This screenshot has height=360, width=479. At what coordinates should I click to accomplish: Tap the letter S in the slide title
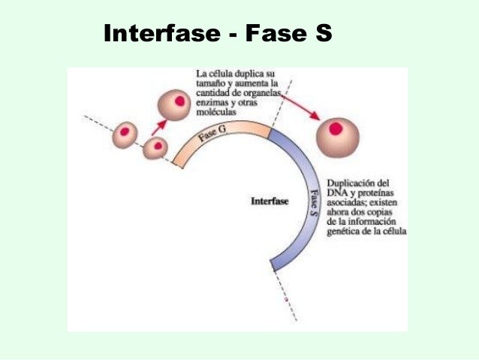tap(321, 34)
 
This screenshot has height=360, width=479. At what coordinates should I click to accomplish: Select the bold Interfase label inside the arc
tap(269, 201)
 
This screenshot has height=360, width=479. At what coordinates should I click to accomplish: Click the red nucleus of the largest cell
tap(336, 129)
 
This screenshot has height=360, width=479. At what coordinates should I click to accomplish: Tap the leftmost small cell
tap(125, 135)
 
